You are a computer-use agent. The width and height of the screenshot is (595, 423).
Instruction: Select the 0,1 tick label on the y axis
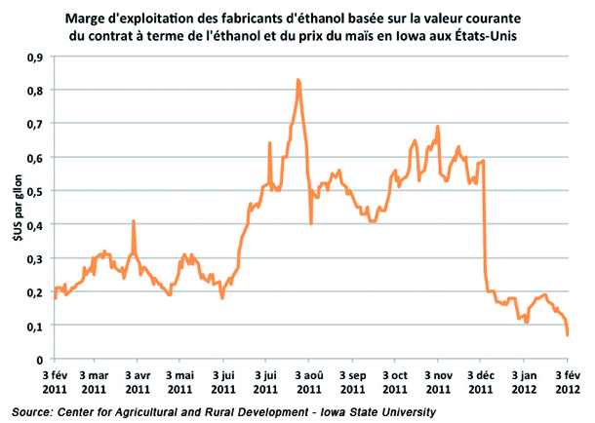pos(39,326)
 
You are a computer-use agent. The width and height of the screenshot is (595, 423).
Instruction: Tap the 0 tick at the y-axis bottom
pos(44,359)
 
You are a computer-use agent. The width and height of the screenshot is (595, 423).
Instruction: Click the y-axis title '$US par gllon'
pos(13,209)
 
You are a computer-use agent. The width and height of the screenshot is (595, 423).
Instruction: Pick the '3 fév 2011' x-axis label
pos(54,379)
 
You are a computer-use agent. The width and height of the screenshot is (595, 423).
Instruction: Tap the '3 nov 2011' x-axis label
pos(437,379)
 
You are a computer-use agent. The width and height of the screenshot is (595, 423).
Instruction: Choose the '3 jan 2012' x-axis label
pos(524,379)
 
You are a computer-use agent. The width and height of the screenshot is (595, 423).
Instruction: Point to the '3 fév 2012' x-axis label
pos(568,379)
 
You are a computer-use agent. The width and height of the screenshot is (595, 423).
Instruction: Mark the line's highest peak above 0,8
pos(297,80)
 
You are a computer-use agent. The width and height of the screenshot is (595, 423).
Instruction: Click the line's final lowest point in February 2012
pos(568,335)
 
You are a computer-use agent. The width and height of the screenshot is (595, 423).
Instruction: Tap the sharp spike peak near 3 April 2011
pos(133,222)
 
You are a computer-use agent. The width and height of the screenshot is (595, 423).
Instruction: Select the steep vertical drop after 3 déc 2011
pos(485,224)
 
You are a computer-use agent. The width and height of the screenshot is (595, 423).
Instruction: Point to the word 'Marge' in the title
pos(88,16)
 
